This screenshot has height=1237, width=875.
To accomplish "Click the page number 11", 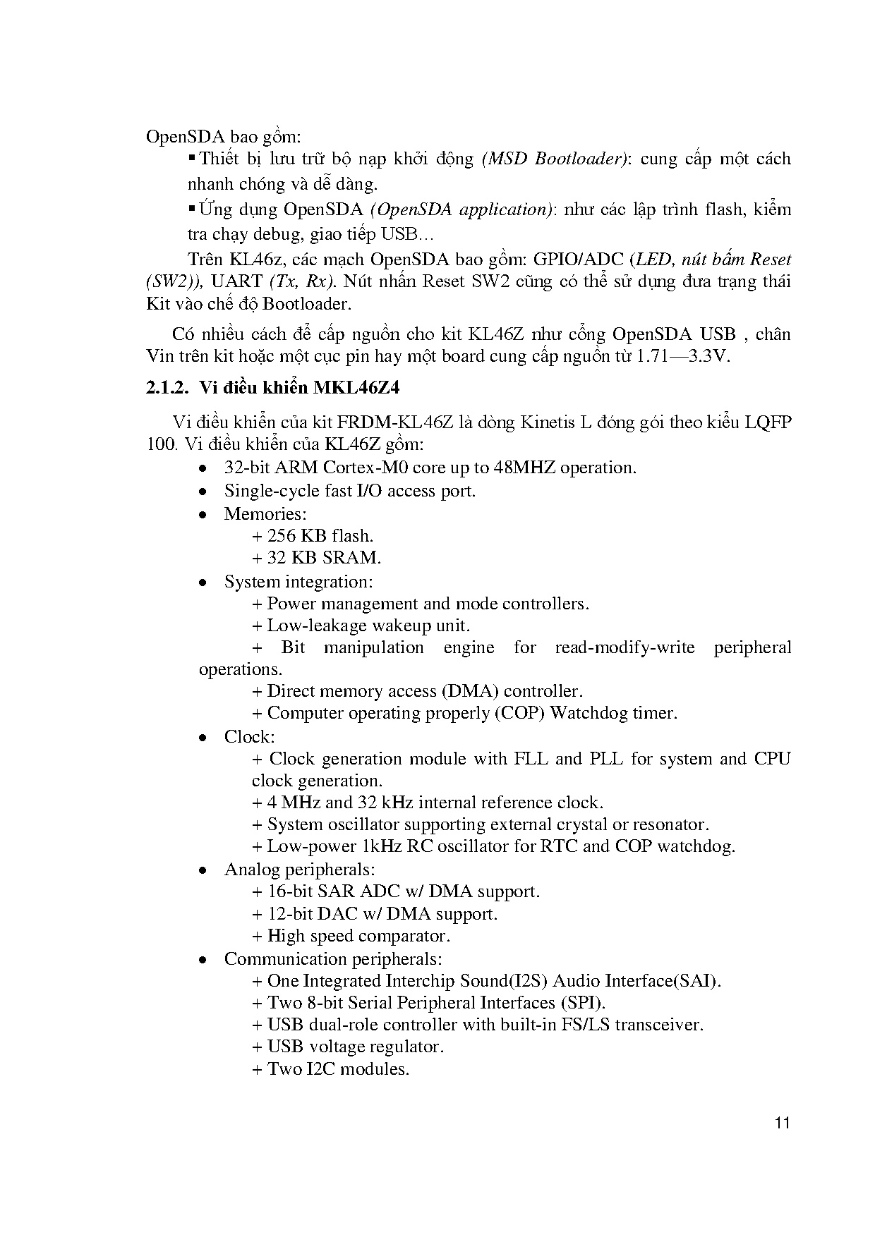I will click(x=782, y=1123).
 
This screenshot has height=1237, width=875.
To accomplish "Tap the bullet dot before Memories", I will click(x=203, y=515).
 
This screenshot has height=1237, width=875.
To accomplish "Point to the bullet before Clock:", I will click(x=203, y=738).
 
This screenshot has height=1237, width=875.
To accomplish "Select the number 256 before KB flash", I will click(x=282, y=536).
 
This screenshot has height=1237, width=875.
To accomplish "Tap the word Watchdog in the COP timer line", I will click(x=589, y=713).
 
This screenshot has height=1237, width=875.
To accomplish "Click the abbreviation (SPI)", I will click(x=583, y=1003).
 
